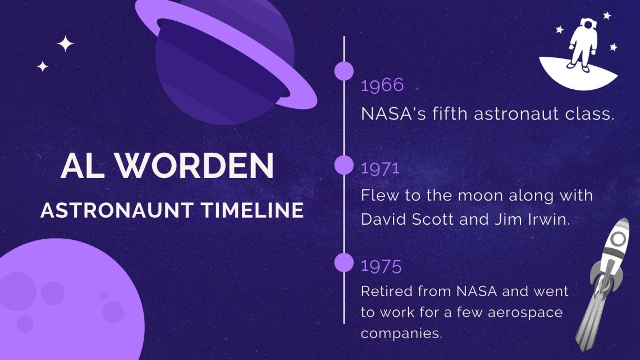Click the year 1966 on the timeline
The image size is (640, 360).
click(382, 85)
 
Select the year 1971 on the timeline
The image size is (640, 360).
click(380, 168)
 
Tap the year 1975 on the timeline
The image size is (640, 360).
click(381, 266)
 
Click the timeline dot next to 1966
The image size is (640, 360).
click(344, 71)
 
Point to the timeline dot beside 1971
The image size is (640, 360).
click(344, 165)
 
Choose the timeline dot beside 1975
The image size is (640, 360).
click(344, 262)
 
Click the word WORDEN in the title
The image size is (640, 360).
click(194, 166)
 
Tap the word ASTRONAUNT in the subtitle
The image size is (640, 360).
click(117, 210)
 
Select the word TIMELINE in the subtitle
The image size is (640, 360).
click(252, 210)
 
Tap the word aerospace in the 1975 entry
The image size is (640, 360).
click(525, 313)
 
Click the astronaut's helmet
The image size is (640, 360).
click(588, 24)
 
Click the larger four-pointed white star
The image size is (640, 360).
click(65, 44)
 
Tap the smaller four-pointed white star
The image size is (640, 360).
click(43, 66)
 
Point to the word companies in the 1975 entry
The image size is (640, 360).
click(401, 334)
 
